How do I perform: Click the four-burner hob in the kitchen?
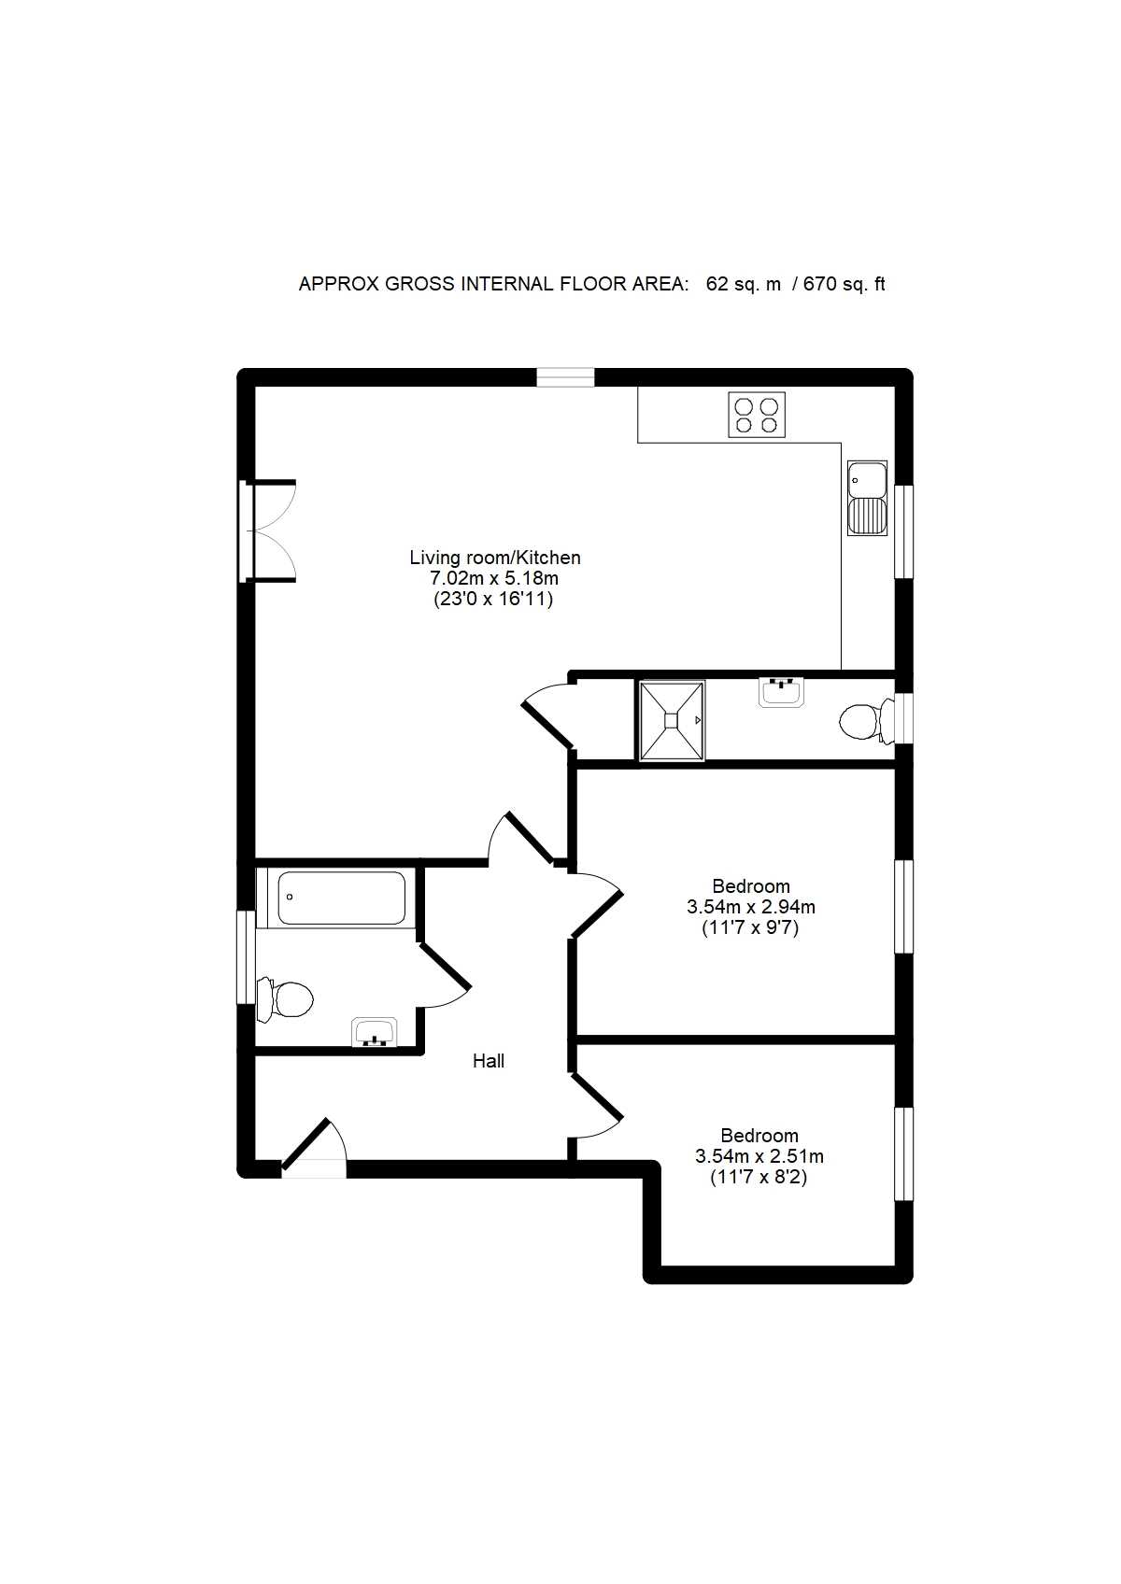pos(757,415)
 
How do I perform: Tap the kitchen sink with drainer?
pos(867,498)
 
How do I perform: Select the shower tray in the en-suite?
pos(672,721)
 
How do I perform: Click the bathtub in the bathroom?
pos(342,898)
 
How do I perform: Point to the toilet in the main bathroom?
pos(285,999)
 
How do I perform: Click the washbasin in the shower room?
pos(782,691)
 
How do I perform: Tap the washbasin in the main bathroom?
pos(375,1032)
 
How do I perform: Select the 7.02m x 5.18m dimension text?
pos(494,578)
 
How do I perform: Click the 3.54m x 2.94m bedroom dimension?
pos(751,907)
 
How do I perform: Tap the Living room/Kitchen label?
pos(495,558)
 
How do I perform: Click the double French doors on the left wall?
pos(269,531)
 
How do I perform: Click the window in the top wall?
pos(565,377)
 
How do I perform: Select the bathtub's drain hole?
pos(290,898)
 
